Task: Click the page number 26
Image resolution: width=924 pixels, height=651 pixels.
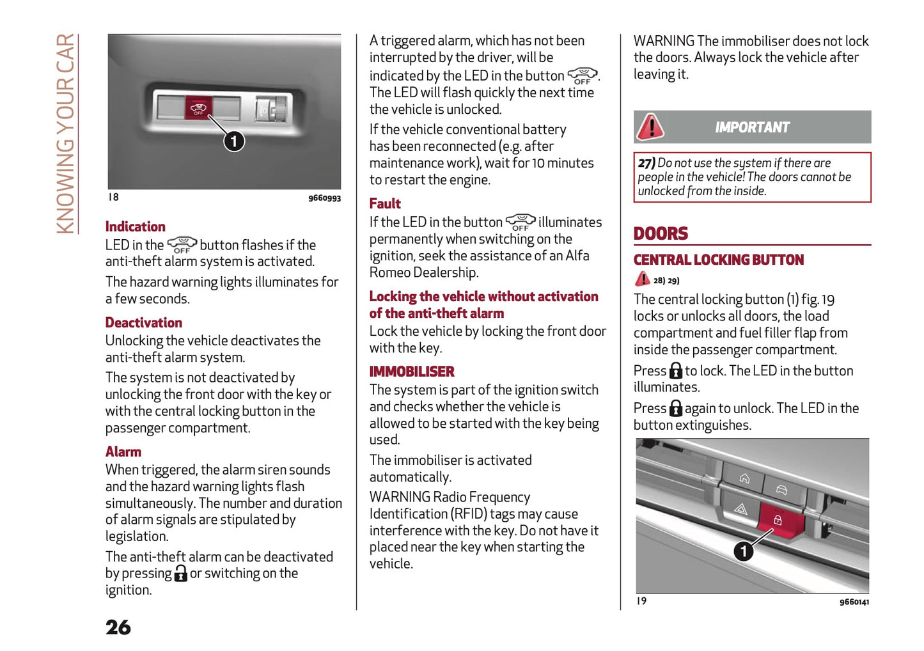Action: pyautogui.click(x=118, y=627)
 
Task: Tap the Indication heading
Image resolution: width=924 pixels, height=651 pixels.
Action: pyautogui.click(x=135, y=226)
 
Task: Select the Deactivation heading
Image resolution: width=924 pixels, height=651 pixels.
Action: pyautogui.click(x=143, y=322)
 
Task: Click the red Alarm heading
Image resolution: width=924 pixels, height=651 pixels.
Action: pyautogui.click(x=123, y=451)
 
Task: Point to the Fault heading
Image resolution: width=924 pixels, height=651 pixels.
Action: pyautogui.click(x=385, y=203)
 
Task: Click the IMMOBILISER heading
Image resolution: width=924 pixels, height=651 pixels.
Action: pyautogui.click(x=412, y=372)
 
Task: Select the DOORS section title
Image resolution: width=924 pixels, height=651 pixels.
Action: pyautogui.click(x=661, y=233)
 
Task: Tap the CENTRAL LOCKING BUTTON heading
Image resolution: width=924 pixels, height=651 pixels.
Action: pyautogui.click(x=718, y=260)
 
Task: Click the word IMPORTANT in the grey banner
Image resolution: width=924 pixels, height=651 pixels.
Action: pyautogui.click(x=752, y=127)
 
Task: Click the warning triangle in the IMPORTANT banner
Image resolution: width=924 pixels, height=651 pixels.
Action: pyautogui.click(x=651, y=127)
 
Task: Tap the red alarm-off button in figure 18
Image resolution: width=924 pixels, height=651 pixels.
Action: pyautogui.click(x=198, y=107)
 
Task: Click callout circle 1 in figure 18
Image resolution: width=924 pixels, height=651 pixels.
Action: pyautogui.click(x=234, y=141)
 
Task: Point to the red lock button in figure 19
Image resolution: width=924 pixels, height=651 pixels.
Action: pyautogui.click(x=779, y=519)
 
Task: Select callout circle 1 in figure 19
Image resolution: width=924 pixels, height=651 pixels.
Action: pyautogui.click(x=743, y=551)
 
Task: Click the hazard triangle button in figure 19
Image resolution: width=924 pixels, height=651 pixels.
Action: pyautogui.click(x=740, y=509)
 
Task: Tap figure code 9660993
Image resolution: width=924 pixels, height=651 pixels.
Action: pyautogui.click(x=324, y=198)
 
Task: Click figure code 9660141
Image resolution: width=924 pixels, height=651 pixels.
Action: pyautogui.click(x=854, y=602)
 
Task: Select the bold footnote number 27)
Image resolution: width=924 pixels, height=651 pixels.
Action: pyautogui.click(x=646, y=163)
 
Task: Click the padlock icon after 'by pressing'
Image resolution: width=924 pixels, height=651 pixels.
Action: pyautogui.click(x=181, y=573)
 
